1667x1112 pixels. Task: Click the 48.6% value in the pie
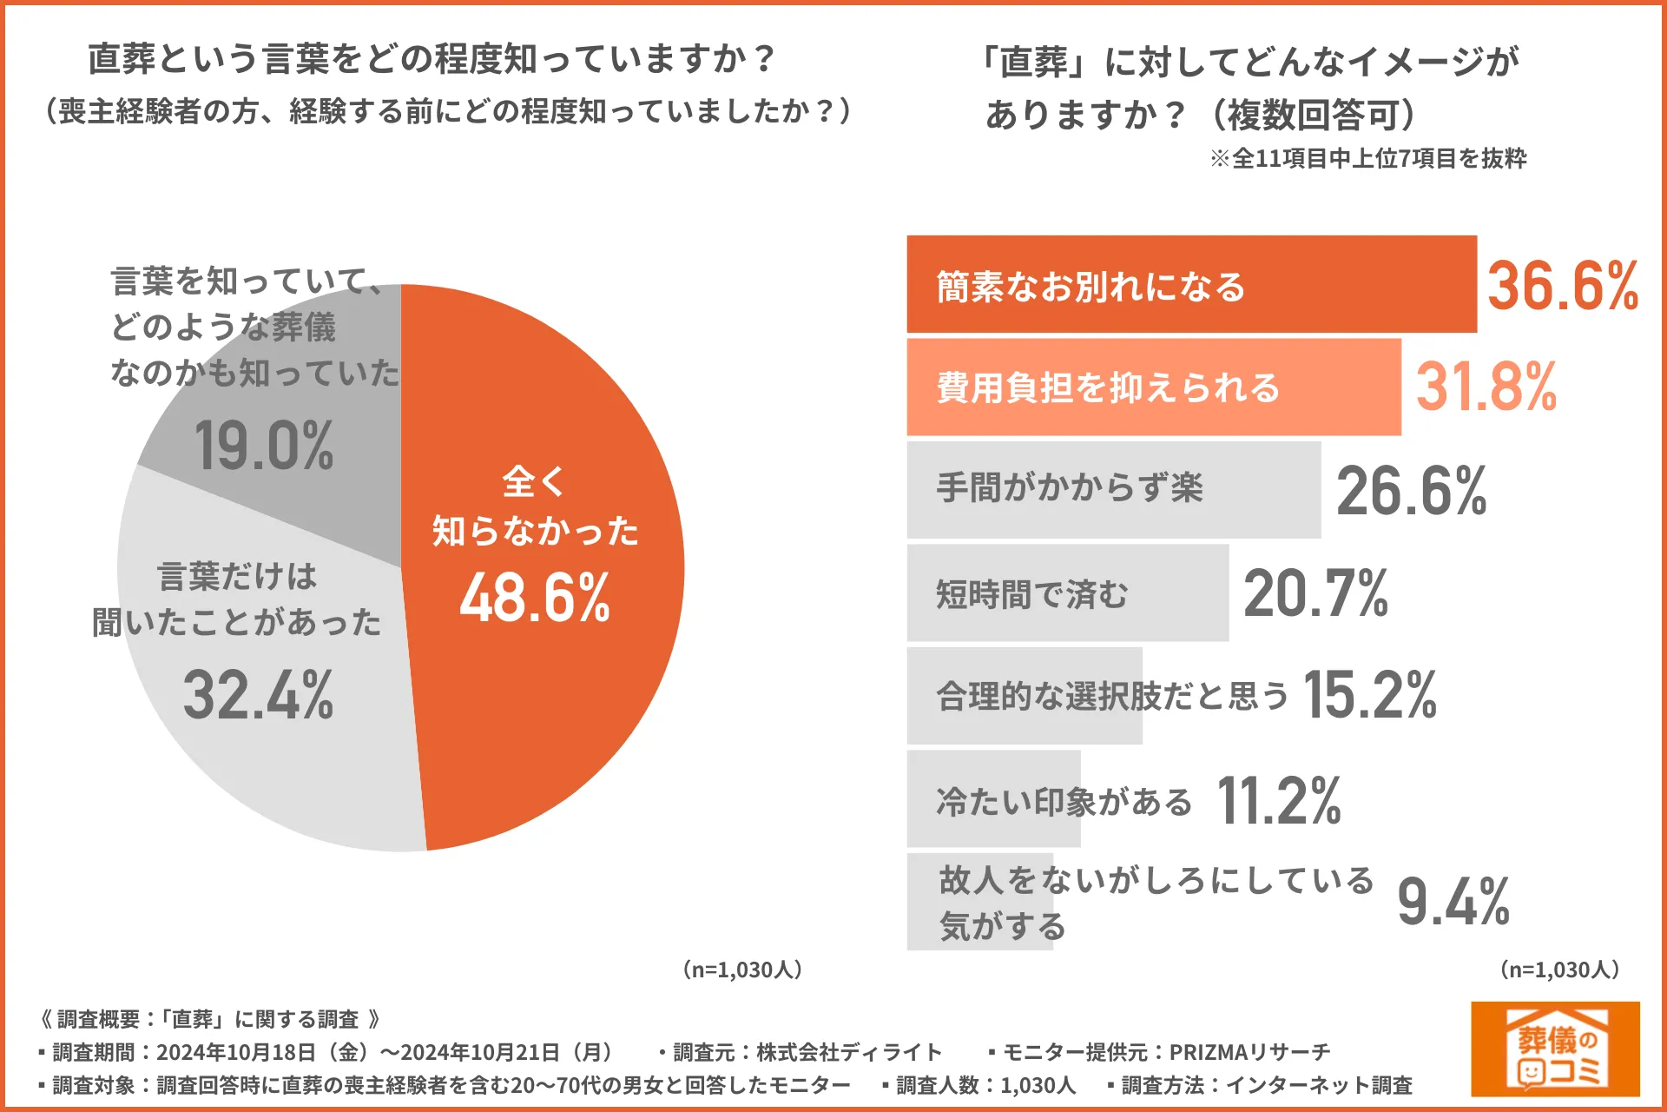535,598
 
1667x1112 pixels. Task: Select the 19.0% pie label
264,446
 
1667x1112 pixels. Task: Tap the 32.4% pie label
258,695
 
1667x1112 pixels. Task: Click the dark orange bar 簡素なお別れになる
1191,284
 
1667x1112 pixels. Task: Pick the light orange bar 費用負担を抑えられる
1153,387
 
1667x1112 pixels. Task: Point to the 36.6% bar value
1562,286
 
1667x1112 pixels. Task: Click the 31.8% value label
1486,387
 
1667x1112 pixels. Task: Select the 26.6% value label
1411,491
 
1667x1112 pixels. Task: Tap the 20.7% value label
1315,593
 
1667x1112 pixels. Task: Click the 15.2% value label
1369,695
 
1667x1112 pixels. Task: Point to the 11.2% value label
1278,800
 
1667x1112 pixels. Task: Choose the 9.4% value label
1453,902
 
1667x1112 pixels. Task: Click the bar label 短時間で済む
1031,595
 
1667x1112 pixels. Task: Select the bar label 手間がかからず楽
1070,488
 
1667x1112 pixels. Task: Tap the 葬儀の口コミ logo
1554,1049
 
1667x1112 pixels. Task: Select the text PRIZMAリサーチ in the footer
1249,1052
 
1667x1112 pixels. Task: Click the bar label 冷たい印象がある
1064,801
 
